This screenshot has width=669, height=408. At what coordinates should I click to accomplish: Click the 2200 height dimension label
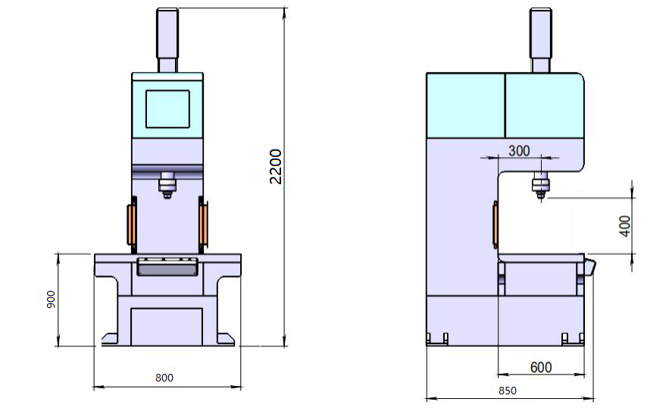point(276,167)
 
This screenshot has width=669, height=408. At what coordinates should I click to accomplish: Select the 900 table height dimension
point(51,300)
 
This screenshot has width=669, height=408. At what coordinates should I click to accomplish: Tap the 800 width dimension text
point(164,378)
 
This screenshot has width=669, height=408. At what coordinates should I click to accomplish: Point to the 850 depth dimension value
point(508,391)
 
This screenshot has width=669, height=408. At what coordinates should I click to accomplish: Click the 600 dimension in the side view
point(540,367)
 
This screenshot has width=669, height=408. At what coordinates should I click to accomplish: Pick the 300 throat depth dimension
point(519,150)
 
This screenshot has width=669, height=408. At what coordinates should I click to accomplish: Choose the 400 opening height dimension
point(624,226)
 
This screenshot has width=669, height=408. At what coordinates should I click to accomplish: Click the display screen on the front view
point(167,109)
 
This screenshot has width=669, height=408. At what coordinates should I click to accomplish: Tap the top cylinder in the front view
point(167,40)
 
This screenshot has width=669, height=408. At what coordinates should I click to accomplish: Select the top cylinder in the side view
point(540,40)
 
